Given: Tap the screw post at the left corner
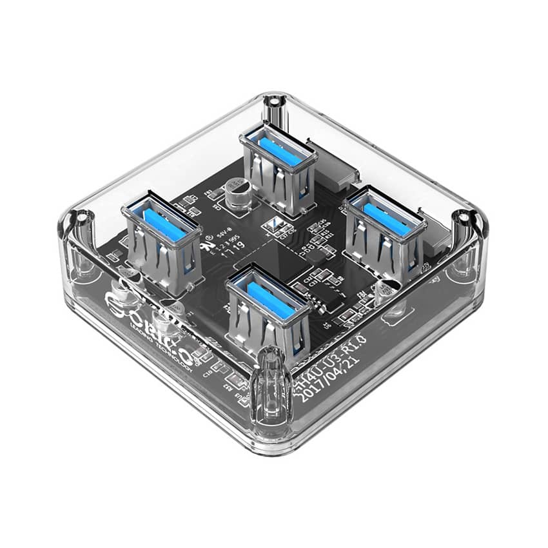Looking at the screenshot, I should pyautogui.click(x=78, y=219).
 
